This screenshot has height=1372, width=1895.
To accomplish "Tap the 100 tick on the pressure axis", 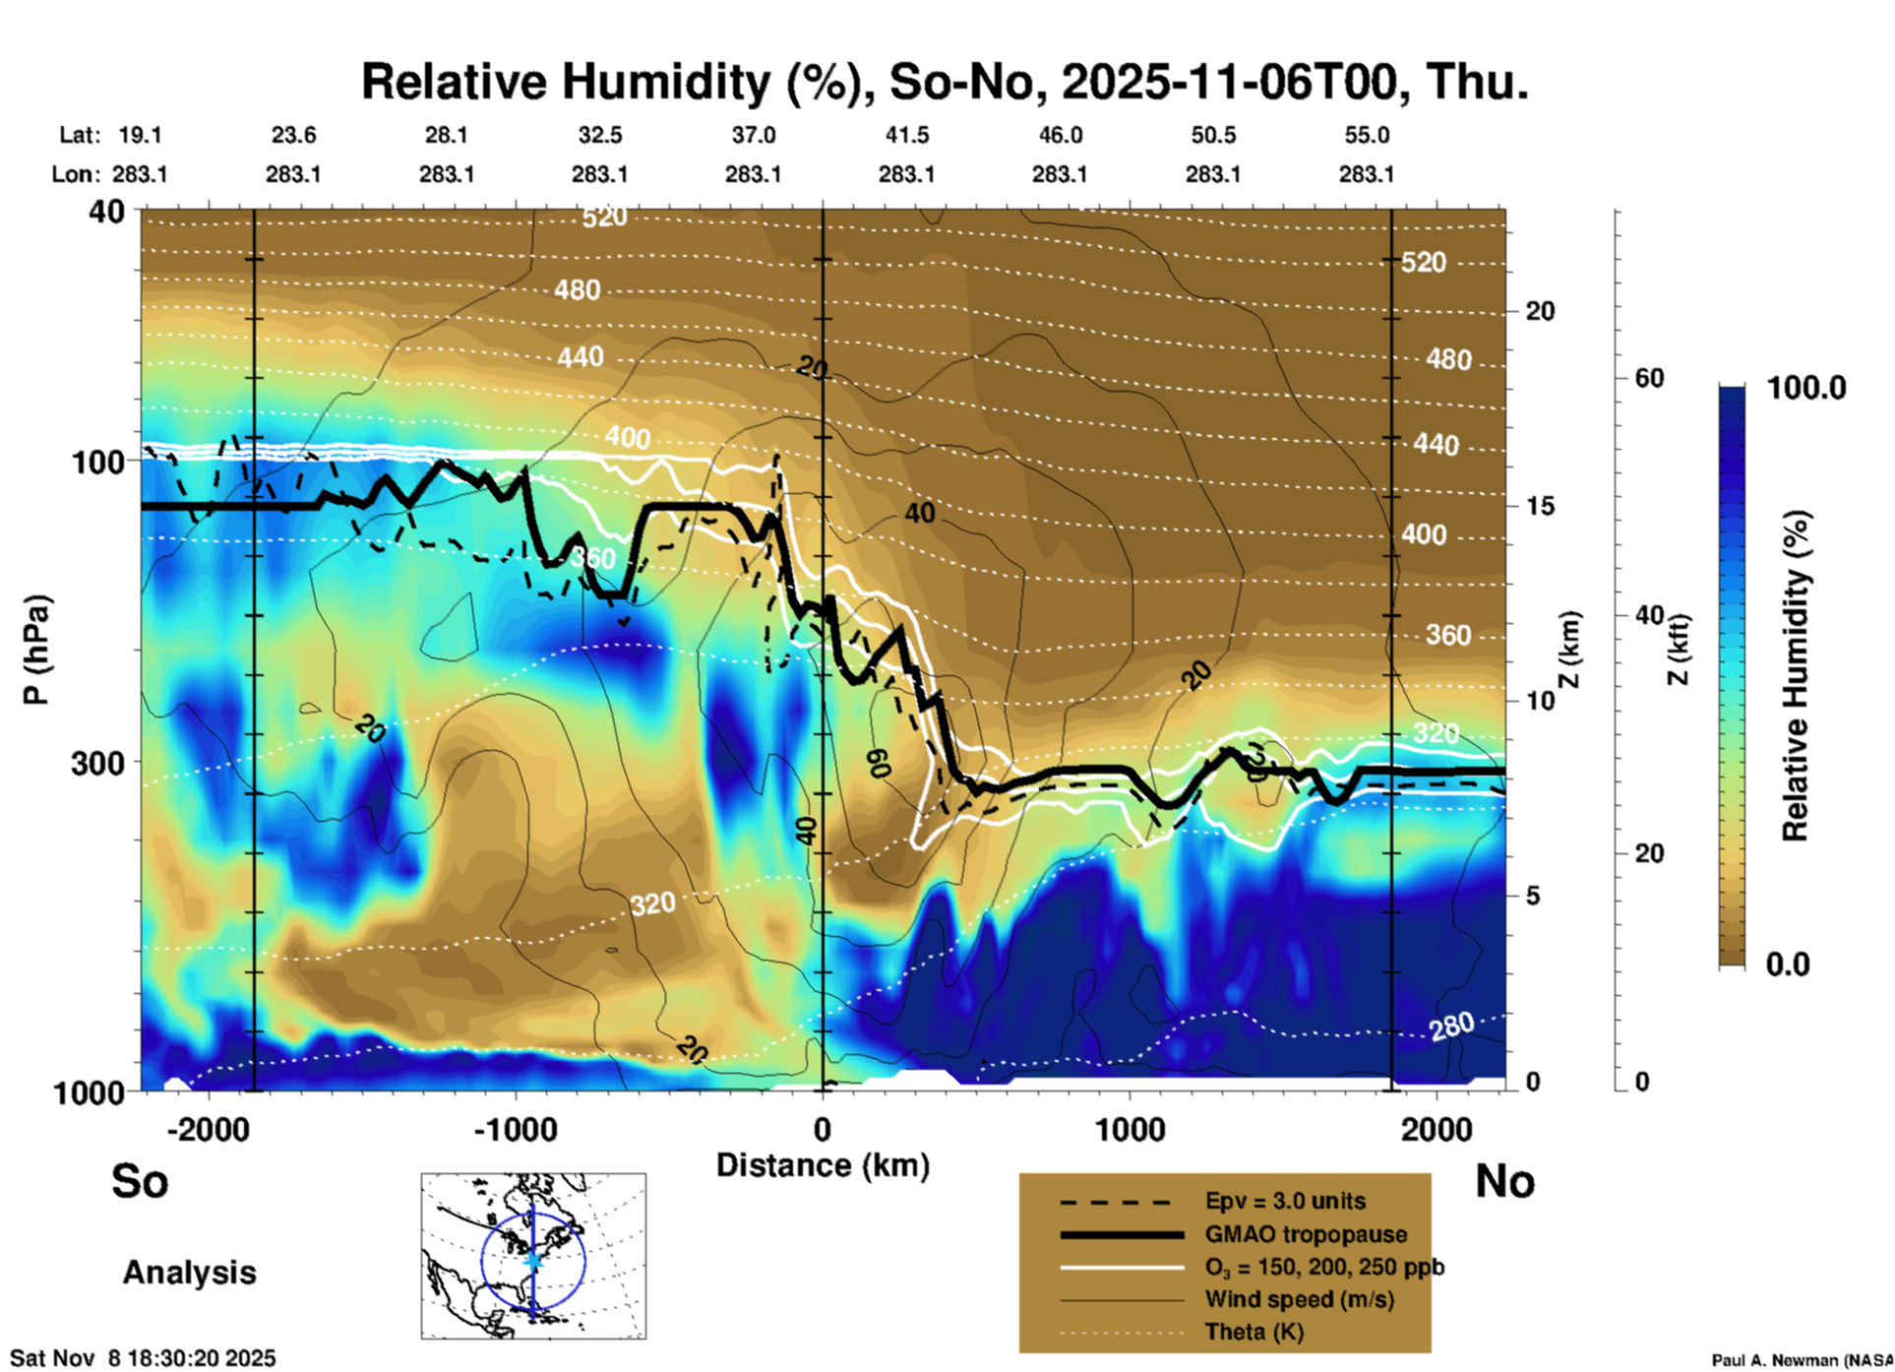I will click(98, 462).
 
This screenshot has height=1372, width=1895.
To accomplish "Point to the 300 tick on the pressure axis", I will click(98, 763).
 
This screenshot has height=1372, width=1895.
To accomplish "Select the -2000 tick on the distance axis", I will click(209, 1129).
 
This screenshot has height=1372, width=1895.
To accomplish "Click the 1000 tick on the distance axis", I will click(1130, 1129).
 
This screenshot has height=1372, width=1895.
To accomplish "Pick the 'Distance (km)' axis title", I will click(823, 1165).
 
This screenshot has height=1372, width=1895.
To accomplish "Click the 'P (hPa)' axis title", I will click(35, 650).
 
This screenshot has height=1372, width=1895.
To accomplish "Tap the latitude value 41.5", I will click(906, 135).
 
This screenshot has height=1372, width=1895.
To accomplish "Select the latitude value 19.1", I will click(140, 135).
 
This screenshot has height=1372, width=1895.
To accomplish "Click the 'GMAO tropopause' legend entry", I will click(1306, 1234).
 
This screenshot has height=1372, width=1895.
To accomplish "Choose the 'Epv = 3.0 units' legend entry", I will click(1285, 1201).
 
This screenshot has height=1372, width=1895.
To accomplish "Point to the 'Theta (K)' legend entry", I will click(1253, 1332).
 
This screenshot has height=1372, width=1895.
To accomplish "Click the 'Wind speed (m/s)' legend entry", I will click(1299, 1299).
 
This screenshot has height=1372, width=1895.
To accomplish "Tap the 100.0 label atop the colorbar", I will click(1806, 388).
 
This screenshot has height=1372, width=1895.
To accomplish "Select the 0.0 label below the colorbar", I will click(1788, 964).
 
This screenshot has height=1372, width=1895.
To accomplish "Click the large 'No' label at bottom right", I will click(1504, 1181).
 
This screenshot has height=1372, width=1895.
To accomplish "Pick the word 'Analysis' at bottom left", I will click(189, 1273).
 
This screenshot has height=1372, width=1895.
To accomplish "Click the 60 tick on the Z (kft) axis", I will click(1650, 378).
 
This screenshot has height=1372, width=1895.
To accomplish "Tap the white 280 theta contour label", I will click(1452, 1027).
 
